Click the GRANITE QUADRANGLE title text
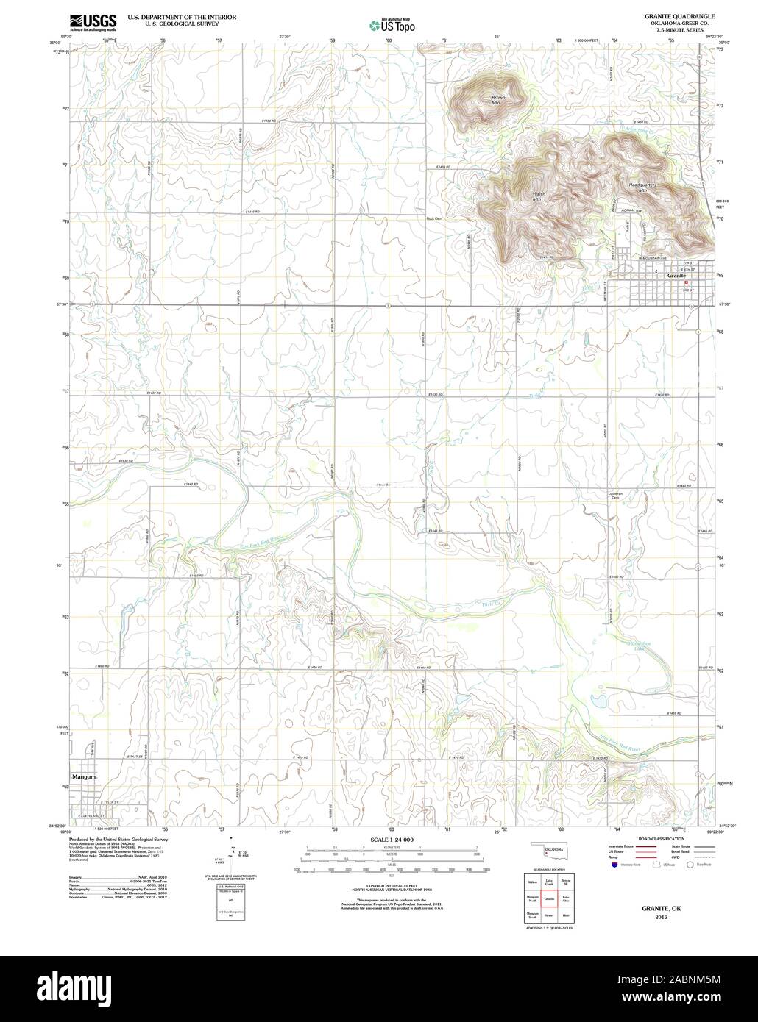669,15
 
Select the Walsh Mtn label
537,196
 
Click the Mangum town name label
85,776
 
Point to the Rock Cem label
433,218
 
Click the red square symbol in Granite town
687,282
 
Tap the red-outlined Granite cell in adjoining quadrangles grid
549,898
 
